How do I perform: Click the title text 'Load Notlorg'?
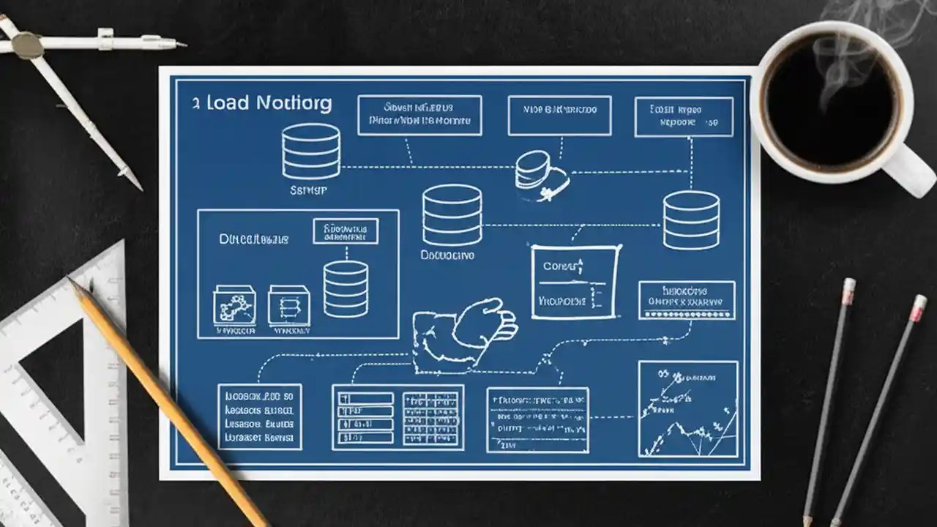(x=269, y=103)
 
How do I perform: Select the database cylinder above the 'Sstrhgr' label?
(x=311, y=150)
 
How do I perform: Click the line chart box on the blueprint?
(x=687, y=408)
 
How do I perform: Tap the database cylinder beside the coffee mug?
(x=691, y=220)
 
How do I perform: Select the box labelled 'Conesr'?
(x=575, y=283)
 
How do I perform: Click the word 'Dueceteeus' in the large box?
(x=254, y=239)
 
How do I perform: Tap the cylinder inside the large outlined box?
(x=346, y=288)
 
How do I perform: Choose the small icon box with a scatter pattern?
(x=234, y=305)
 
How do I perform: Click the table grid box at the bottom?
(x=397, y=417)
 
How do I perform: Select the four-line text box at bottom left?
(x=260, y=416)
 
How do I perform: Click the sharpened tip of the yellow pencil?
(x=72, y=282)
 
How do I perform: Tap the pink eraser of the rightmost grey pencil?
(x=917, y=308)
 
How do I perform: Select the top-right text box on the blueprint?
(x=684, y=116)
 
